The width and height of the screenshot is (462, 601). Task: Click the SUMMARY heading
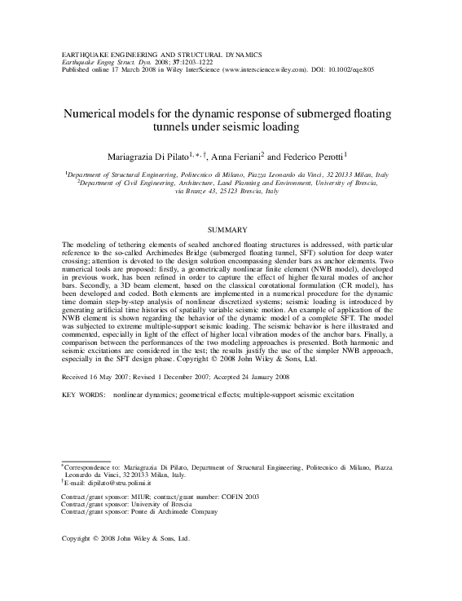(231, 232)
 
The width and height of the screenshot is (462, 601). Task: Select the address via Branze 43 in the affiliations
(203, 192)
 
